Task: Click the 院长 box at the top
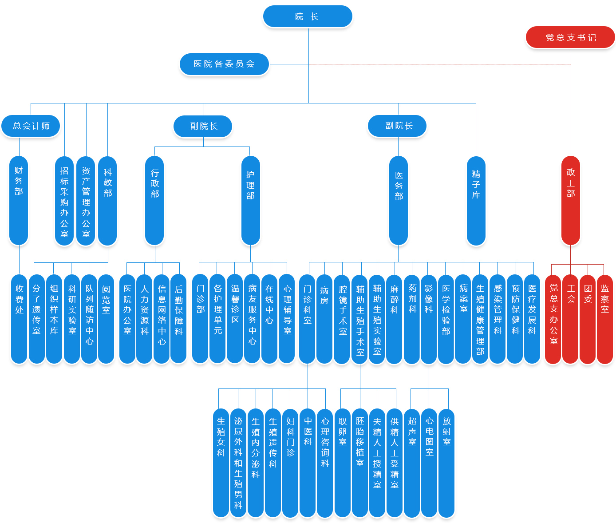[308, 17]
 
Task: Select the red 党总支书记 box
[570, 38]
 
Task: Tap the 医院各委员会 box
[224, 64]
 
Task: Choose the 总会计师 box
[31, 126]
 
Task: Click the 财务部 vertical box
[19, 200]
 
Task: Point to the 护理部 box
[250, 200]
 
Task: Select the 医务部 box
[399, 200]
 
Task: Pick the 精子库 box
[476, 200]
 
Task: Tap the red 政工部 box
[571, 200]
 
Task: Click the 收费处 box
[19, 319]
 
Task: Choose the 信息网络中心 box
[162, 319]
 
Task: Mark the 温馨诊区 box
[235, 319]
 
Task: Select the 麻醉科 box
[394, 319]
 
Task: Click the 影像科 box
[428, 319]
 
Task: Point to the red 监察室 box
[604, 319]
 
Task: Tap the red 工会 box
[571, 319]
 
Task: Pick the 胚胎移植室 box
[360, 463]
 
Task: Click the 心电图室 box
[429, 463]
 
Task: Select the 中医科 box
[308, 463]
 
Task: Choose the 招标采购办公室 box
[64, 201]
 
